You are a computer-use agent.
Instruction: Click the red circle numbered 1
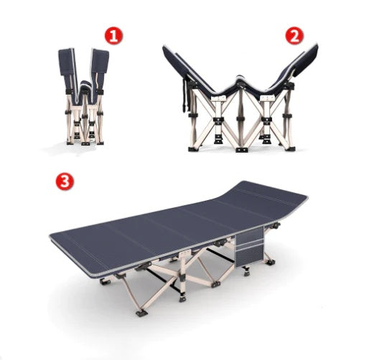tap(113, 36)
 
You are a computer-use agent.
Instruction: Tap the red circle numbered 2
tap(294, 36)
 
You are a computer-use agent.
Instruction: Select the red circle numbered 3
tap(65, 181)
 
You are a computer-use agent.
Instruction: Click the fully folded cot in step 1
tap(83, 97)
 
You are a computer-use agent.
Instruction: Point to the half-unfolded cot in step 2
tap(240, 98)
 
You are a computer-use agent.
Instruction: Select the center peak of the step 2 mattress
tap(240, 80)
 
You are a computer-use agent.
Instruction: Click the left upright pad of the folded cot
tap(67, 62)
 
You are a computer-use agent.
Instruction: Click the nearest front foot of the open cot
tap(141, 313)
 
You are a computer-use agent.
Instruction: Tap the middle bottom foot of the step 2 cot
tap(242, 150)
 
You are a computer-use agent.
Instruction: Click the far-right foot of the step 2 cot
tap(291, 148)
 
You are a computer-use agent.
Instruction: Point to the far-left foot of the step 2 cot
tap(193, 149)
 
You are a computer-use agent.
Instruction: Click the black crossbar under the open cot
tap(164, 280)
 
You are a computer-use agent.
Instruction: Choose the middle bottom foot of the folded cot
tap(85, 143)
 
